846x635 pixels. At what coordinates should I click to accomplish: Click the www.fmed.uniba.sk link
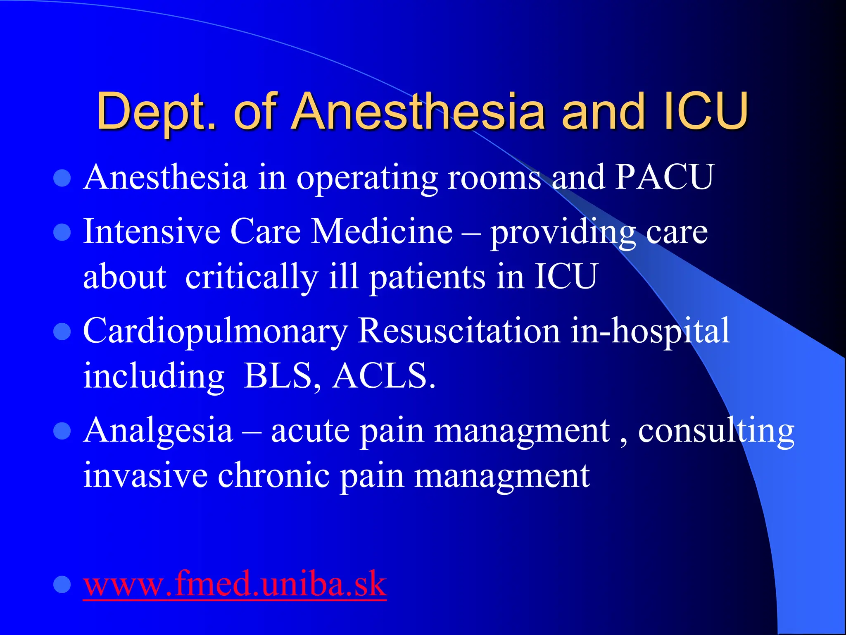coord(235,584)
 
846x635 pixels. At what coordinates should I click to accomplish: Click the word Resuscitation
coord(459,331)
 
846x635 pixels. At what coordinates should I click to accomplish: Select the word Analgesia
coord(158,431)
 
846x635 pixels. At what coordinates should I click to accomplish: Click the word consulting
coord(716,431)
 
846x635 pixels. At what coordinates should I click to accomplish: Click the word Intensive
coord(152,232)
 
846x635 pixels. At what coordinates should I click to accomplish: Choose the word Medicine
coord(382,232)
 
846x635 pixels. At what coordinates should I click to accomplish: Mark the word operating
coord(367,178)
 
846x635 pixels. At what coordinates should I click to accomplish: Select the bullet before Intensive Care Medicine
coord(62,232)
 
